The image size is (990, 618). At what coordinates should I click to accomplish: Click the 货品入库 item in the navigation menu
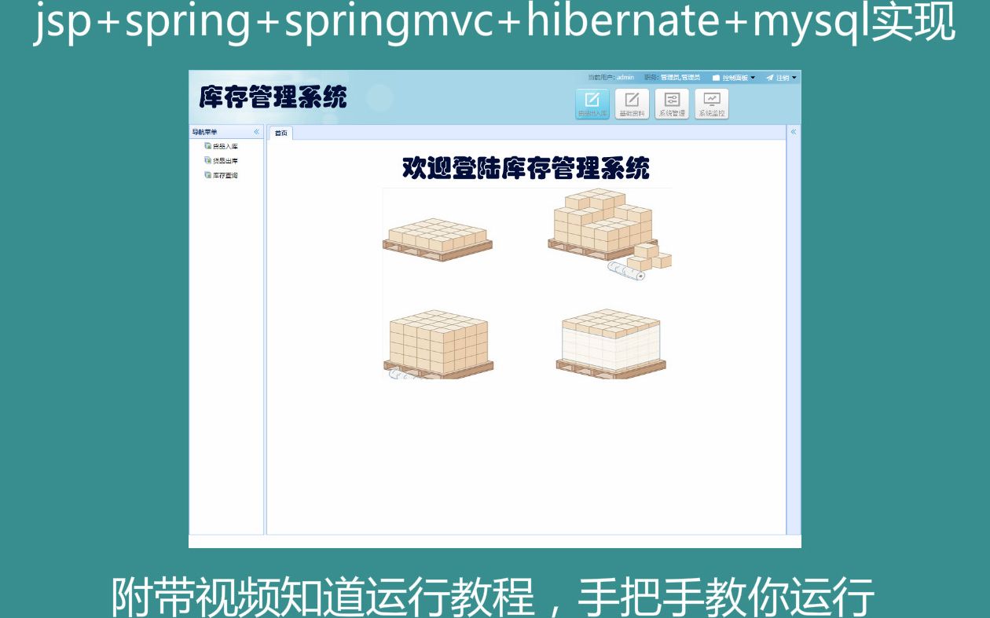pos(225,146)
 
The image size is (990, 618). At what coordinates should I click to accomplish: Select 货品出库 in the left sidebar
pos(225,161)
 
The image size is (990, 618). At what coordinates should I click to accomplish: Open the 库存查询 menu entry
pos(225,176)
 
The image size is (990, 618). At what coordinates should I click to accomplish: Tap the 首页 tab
pos(280,133)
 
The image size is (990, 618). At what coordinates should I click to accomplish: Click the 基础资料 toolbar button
pos(632,104)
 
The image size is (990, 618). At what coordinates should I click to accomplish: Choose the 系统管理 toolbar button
pos(672,104)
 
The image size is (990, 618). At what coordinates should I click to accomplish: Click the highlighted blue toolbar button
pos(592,104)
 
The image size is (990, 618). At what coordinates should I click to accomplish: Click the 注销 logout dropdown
pos(783,78)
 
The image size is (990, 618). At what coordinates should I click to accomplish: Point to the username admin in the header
pos(625,78)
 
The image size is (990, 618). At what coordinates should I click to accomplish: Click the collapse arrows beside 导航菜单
pos(256,132)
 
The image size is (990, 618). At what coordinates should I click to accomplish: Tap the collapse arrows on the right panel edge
pos(794,132)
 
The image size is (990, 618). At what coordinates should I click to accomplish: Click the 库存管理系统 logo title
pos(273,97)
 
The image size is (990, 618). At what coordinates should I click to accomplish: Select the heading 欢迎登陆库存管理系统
pos(526,168)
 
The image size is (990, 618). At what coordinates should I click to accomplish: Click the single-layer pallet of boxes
pos(438,239)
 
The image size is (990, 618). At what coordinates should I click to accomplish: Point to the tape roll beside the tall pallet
pos(626,272)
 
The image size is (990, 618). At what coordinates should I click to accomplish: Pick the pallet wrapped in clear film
pos(610,344)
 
